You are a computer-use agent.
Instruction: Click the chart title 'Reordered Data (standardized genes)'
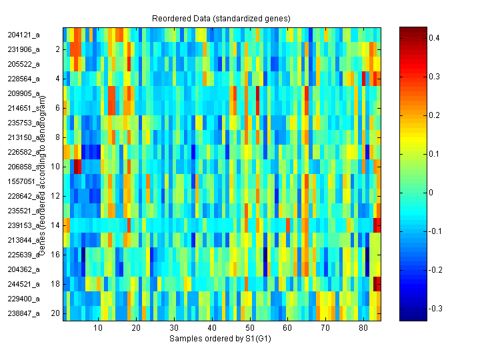[221, 17]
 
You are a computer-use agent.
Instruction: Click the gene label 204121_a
[24, 35]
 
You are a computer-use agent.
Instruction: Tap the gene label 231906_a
[24, 49]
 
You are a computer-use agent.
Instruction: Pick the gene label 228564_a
[24, 79]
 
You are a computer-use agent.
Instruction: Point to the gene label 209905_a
[24, 93]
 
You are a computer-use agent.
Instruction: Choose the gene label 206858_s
[24, 167]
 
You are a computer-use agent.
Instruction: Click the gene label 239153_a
[24, 225]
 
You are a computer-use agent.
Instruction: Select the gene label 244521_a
[24, 284]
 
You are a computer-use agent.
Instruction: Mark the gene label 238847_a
[24, 313]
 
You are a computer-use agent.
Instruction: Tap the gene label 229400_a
[24, 299]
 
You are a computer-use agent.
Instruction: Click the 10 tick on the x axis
[98, 328]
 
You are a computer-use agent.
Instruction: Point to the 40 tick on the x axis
[212, 328]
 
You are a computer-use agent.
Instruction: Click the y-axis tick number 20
[56, 313]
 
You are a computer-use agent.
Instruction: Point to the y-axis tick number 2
[57, 49]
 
